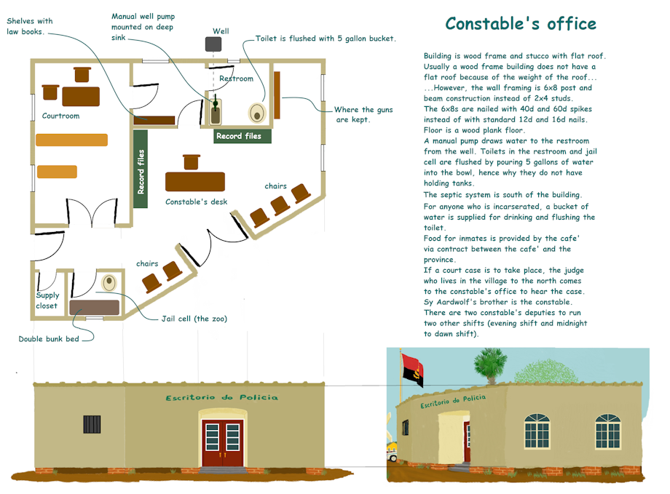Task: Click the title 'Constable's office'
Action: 521,24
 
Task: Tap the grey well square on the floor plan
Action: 213,44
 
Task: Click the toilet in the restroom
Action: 257,113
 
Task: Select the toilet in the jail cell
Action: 109,282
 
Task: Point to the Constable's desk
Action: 195,181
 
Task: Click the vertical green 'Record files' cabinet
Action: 141,169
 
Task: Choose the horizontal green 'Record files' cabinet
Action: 243,136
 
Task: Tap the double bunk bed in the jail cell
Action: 95,308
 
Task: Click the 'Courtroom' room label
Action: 60,116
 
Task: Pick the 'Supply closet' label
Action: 47,300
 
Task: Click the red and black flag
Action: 412,370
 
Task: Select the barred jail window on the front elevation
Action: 92,424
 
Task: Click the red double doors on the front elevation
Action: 223,443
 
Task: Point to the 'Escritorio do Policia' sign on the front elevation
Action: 222,397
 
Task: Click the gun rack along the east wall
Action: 277,95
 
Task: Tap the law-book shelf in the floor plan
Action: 154,120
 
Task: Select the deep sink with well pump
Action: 216,112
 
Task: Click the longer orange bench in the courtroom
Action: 72,140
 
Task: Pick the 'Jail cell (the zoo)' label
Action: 194,319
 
